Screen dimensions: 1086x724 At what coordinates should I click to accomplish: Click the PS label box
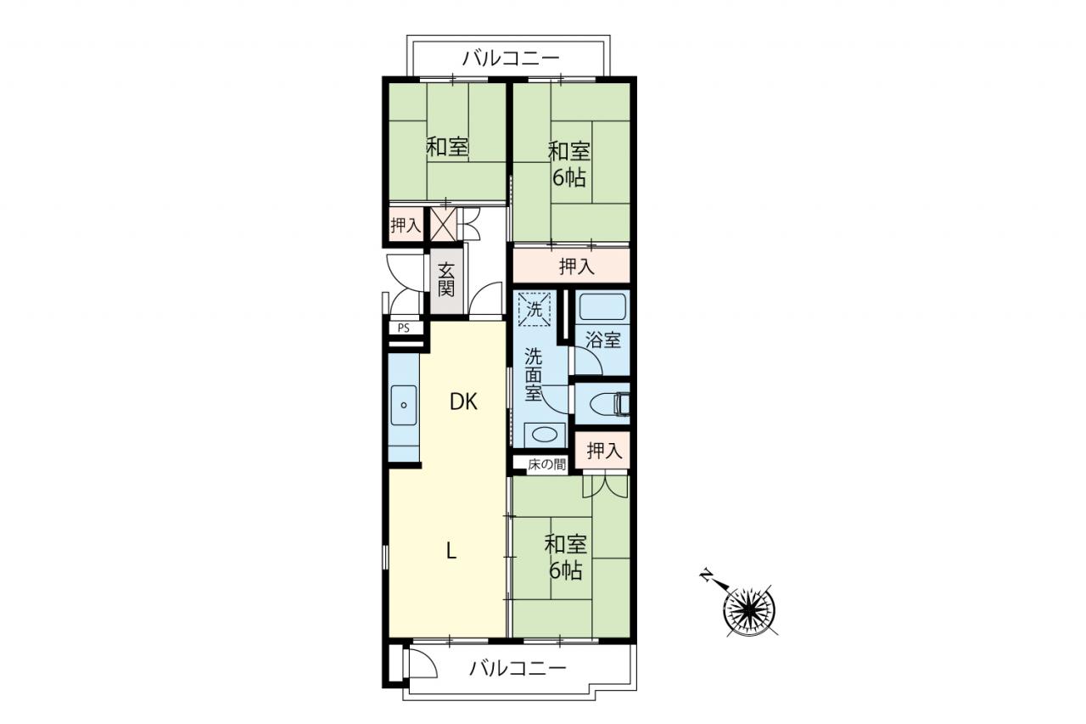pos(403,328)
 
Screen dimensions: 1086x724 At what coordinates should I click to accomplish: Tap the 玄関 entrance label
pos(446,280)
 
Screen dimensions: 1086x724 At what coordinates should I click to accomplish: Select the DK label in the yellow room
pos(463,402)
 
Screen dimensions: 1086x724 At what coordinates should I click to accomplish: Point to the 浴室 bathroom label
pos(603,340)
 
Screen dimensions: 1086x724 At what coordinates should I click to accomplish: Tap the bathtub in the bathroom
pos(602,307)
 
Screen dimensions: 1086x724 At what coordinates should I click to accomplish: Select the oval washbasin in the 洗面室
pos(545,434)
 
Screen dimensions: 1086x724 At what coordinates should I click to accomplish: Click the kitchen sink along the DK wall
pos(403,406)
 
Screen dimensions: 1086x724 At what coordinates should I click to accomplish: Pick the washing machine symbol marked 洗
pos(535,309)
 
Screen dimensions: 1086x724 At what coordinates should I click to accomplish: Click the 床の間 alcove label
pos(547,464)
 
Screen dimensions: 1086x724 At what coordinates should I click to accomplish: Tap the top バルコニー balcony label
pos(511,59)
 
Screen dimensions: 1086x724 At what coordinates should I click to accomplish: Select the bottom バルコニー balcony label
pos(518,669)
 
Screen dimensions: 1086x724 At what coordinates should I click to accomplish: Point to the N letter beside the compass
pos(708,575)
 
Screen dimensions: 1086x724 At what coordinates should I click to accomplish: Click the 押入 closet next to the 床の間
pos(602,450)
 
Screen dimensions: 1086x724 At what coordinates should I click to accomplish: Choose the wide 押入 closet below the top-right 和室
pos(572,266)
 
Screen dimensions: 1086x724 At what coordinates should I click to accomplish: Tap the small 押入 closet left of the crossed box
pos(406,225)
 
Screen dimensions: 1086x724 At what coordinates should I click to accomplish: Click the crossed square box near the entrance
pos(444,224)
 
